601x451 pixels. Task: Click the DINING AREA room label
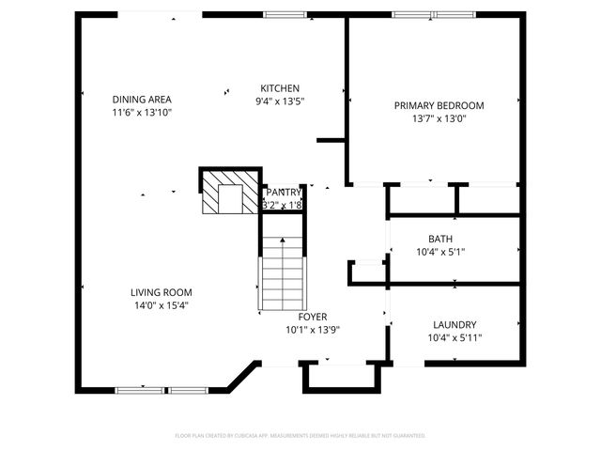(142, 99)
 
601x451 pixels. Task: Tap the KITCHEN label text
(280, 88)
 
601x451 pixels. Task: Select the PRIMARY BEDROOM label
(439, 105)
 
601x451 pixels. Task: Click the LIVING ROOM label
(161, 292)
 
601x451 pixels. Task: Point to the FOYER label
(313, 317)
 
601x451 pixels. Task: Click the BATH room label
(440, 239)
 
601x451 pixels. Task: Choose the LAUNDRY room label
(455, 324)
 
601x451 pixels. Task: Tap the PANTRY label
(283, 192)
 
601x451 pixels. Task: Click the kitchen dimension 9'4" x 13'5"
(280, 101)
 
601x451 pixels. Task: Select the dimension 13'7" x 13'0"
(439, 118)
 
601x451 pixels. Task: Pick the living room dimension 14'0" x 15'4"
(161, 305)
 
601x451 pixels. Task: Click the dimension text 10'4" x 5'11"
(455, 337)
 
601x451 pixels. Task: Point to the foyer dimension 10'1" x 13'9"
(313, 330)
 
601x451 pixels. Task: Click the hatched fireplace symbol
(229, 192)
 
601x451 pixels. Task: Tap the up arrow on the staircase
(283, 243)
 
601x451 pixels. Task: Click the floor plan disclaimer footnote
(300, 436)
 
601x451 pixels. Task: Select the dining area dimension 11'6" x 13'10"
(142, 112)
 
